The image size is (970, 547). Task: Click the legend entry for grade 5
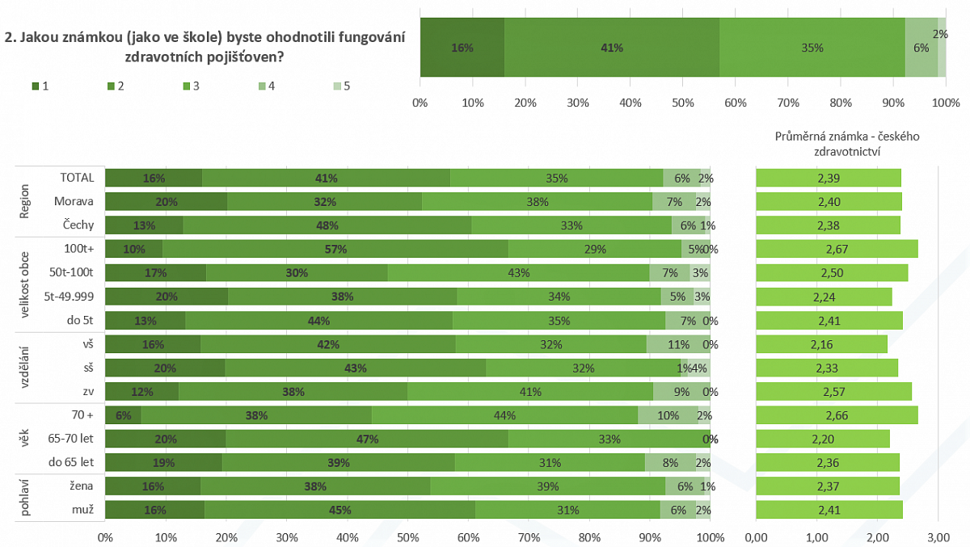point(340,85)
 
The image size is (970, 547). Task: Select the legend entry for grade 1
point(40,85)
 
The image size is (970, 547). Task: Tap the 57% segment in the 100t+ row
point(335,249)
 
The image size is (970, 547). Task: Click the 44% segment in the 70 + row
point(504,415)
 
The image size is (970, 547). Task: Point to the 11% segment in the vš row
point(679,344)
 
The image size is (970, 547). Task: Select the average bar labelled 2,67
point(836,249)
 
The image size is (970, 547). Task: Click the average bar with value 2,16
point(821,344)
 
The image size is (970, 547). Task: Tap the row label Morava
point(74,201)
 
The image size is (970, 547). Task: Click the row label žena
point(80,486)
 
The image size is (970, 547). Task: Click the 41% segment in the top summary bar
point(612,48)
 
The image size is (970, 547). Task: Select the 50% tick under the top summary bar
point(683,103)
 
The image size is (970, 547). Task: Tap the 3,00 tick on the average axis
point(938,536)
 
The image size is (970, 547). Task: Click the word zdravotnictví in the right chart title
point(846,150)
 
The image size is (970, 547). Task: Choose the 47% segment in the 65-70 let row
point(367,439)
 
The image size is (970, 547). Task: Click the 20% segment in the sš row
point(165,368)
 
